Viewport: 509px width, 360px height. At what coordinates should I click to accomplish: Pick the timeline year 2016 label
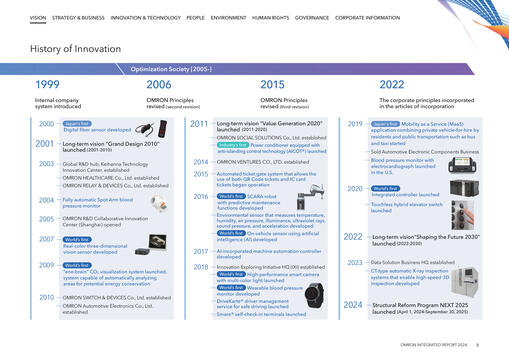tap(199, 196)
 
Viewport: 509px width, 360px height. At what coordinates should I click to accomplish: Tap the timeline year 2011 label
tap(199, 124)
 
